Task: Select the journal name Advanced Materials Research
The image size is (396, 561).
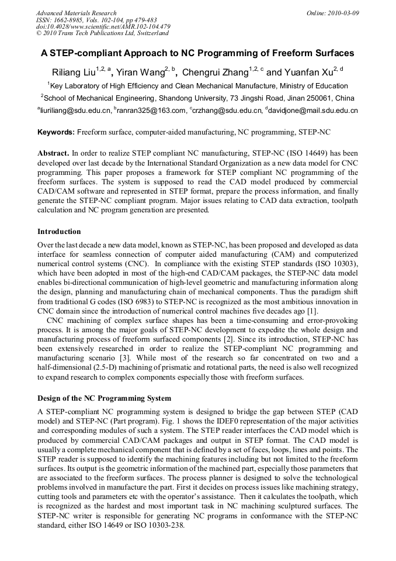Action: [x=76, y=13]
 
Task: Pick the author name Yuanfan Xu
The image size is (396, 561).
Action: [x=307, y=73]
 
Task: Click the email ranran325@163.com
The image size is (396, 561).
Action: [x=151, y=110]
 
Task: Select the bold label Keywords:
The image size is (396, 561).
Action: [x=56, y=133]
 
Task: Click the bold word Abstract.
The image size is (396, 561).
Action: [x=56, y=153]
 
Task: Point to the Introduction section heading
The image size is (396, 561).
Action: [x=59, y=232]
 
